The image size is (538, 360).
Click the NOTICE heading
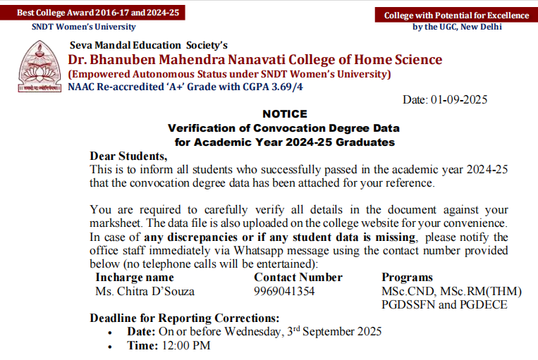[284, 114]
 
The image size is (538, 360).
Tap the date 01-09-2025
[459, 100]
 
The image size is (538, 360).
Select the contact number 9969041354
[284, 291]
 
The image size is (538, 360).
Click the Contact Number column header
[298, 278]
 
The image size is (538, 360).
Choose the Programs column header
[407, 278]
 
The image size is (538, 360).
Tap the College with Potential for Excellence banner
[456, 15]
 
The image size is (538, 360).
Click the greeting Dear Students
[129, 156]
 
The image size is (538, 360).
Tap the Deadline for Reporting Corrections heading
[185, 318]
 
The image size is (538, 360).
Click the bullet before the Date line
[110, 332]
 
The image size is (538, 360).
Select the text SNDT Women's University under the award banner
[83, 27]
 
